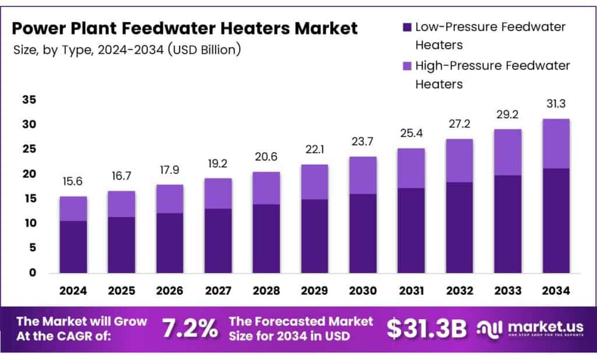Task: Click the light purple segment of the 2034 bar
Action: click(556, 144)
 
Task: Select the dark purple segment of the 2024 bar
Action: click(73, 246)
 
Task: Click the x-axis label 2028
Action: click(266, 291)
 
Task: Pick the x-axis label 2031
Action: click(411, 291)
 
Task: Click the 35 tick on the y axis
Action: click(30, 100)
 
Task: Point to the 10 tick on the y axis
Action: click(30, 223)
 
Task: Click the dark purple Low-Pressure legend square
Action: click(407, 27)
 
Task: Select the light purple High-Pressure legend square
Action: click(407, 65)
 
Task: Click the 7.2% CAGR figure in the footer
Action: click(189, 329)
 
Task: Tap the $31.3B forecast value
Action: click(427, 329)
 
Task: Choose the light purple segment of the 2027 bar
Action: click(218, 193)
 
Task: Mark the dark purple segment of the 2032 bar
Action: click(459, 228)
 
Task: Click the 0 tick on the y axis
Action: click(32, 272)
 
